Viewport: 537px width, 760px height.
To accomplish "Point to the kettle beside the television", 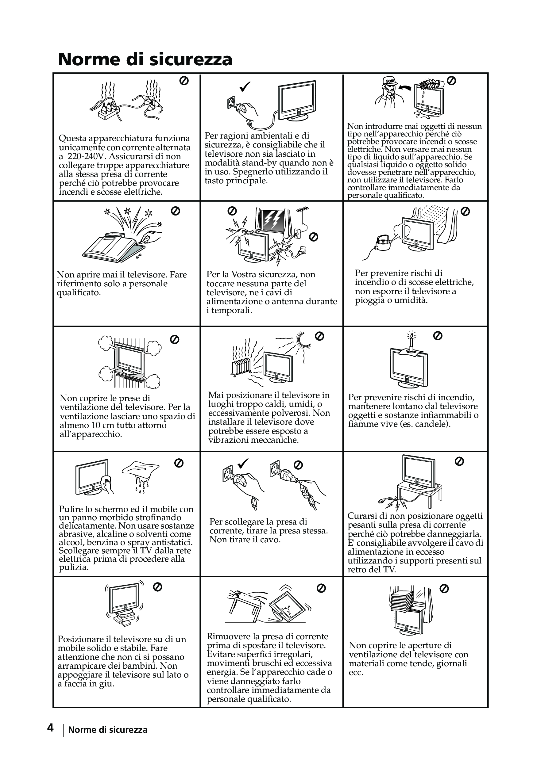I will (x=383, y=243).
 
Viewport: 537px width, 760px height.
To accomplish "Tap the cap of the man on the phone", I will (x=390, y=80).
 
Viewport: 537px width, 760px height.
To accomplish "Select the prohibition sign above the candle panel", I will (x=438, y=336).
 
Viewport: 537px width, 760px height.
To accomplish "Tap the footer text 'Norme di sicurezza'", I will (x=108, y=730).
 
